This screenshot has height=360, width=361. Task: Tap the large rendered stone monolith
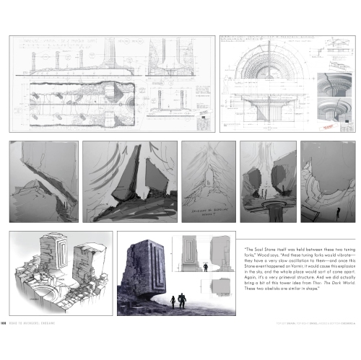click(x=144, y=271)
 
